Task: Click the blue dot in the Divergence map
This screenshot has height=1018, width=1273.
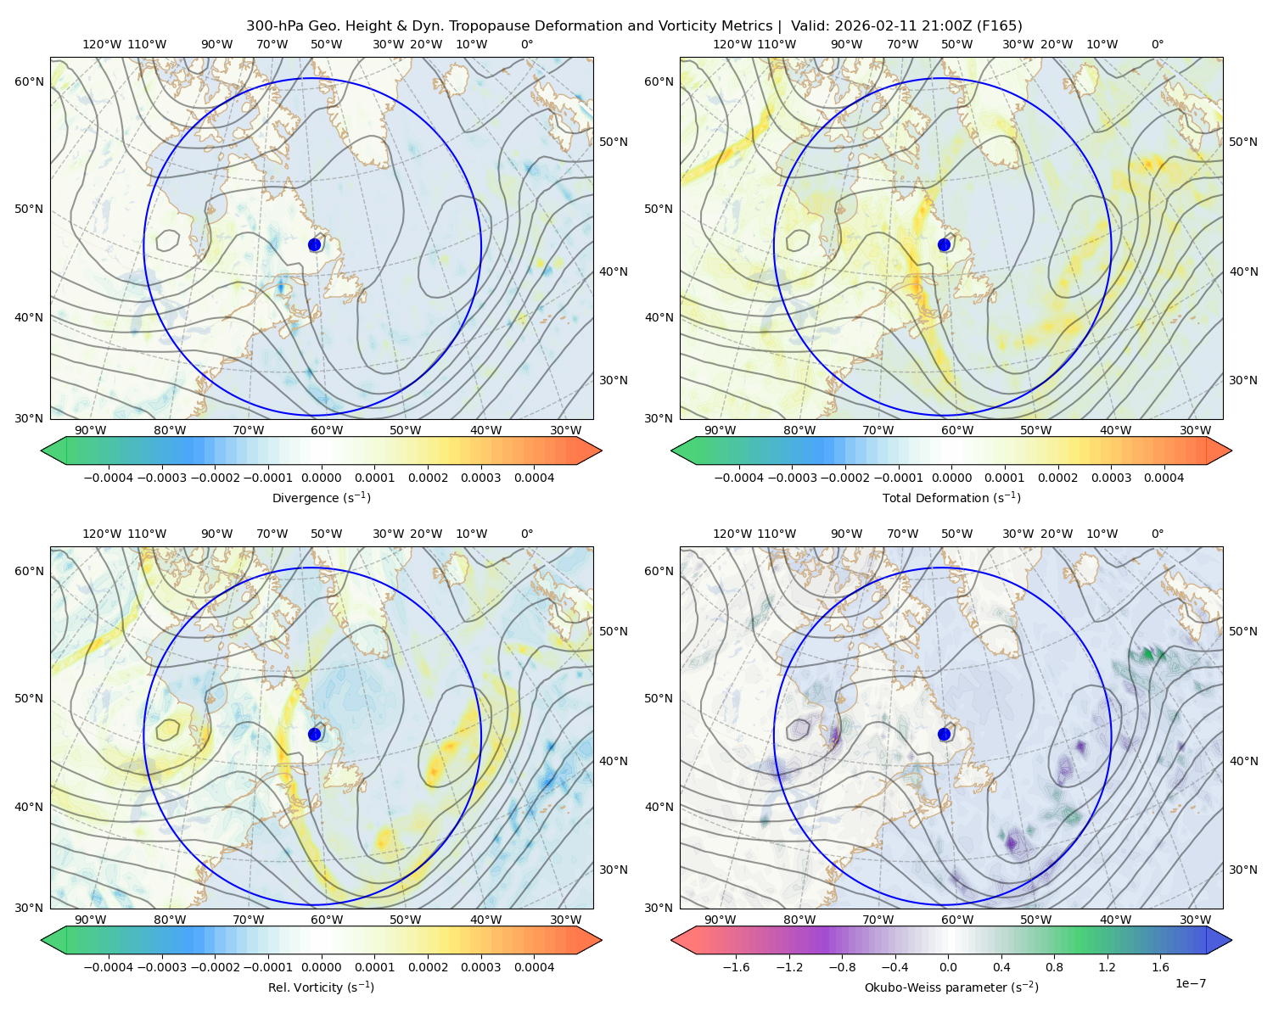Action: click(x=315, y=244)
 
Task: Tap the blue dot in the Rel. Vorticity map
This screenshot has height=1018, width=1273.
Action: click(x=315, y=734)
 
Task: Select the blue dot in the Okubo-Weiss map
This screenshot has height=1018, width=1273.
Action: click(x=945, y=734)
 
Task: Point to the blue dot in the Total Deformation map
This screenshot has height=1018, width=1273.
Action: click(x=945, y=244)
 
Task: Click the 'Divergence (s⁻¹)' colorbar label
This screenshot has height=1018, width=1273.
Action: click(x=321, y=498)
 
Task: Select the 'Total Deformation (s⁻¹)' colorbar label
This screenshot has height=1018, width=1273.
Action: click(x=951, y=498)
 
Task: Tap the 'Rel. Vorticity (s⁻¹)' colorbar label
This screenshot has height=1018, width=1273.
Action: click(x=321, y=987)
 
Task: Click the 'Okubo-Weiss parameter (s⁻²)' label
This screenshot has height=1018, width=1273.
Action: click(x=951, y=987)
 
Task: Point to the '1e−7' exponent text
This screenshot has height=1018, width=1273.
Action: click(x=1191, y=983)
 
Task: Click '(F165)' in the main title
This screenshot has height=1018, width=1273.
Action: click(x=1001, y=26)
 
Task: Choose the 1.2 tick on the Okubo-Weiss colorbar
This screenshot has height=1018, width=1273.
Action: click(x=1108, y=967)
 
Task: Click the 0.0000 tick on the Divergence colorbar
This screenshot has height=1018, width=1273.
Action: click(x=322, y=478)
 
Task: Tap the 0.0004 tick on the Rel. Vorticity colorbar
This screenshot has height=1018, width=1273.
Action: click(x=534, y=967)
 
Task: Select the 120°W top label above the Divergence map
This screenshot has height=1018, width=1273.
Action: click(x=101, y=44)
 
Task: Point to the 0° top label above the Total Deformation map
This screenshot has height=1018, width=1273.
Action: click(x=1158, y=44)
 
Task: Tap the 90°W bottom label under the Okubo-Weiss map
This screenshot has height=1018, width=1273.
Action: click(x=720, y=920)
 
